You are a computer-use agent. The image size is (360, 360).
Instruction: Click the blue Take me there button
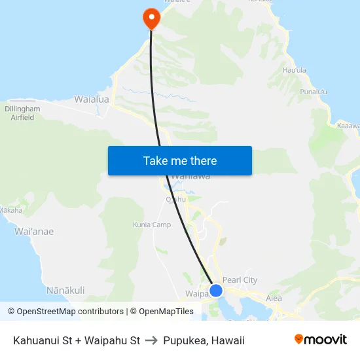pyautogui.click(x=180, y=160)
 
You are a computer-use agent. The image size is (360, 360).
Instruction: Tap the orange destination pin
pyautogui.click(x=151, y=18)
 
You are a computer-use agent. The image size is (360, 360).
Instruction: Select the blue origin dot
pyautogui.click(x=215, y=290)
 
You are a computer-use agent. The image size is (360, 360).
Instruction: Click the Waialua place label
pyautogui.click(x=92, y=99)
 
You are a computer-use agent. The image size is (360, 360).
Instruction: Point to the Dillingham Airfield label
pyautogui.click(x=22, y=113)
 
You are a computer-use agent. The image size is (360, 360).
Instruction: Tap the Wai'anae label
pyautogui.click(x=34, y=231)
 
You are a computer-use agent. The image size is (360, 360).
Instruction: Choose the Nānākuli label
pyautogui.click(x=65, y=289)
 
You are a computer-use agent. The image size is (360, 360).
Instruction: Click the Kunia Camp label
pyautogui.click(x=152, y=225)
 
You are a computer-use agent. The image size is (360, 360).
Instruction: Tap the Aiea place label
pyautogui.click(x=274, y=298)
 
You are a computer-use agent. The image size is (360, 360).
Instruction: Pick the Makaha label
pyautogui.click(x=10, y=210)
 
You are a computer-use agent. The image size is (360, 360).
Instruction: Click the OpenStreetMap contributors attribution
pyautogui.click(x=65, y=312)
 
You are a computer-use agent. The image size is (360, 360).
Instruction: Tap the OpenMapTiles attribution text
pyautogui.click(x=162, y=312)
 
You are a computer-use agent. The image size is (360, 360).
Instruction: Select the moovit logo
pyautogui.click(x=320, y=340)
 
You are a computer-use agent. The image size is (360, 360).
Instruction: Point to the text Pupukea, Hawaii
pyautogui.click(x=204, y=340)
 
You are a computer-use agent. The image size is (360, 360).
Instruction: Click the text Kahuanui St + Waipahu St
pyautogui.click(x=77, y=340)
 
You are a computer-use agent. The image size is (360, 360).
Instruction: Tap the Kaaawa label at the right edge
pyautogui.click(x=348, y=125)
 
